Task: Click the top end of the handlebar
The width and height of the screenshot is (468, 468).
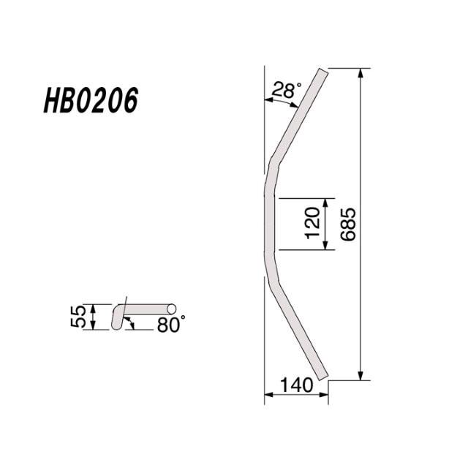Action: tap(322, 72)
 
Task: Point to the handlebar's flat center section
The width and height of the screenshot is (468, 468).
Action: tap(270, 224)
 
